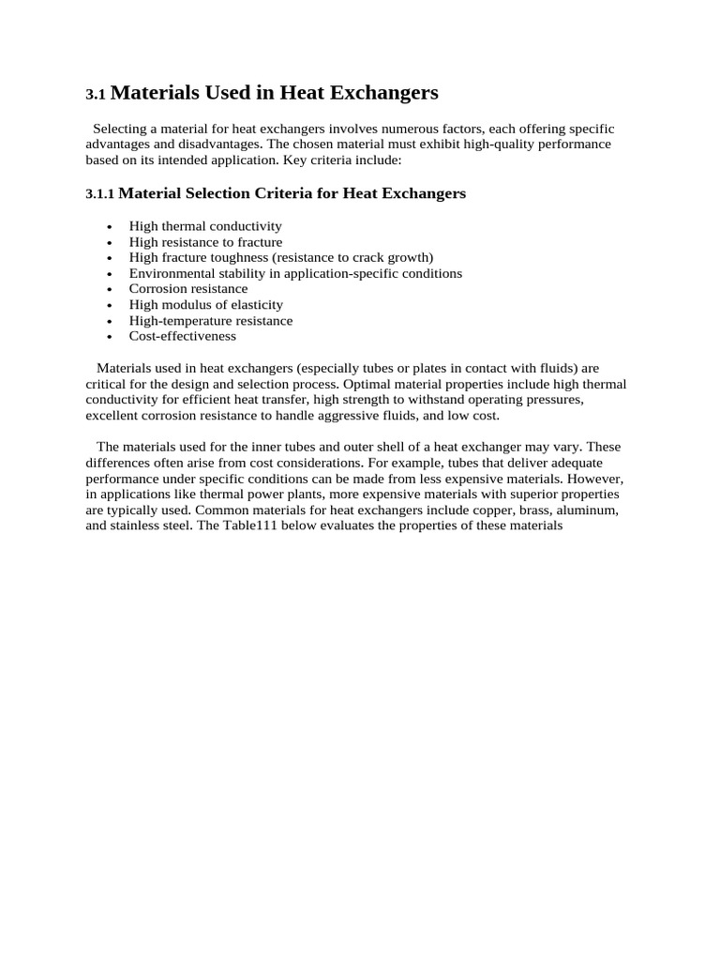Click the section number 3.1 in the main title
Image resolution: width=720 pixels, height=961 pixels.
(x=97, y=95)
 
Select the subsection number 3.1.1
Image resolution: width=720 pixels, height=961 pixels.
(x=99, y=194)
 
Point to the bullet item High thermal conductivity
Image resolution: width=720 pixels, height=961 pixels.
(x=205, y=226)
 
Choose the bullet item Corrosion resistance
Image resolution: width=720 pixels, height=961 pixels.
(x=188, y=289)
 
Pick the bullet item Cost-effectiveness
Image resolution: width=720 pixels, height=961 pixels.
(x=183, y=336)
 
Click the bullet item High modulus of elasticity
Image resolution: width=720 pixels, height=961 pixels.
(x=206, y=305)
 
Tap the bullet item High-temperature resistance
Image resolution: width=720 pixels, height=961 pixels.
(x=211, y=320)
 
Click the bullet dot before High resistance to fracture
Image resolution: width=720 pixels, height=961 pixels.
(x=111, y=243)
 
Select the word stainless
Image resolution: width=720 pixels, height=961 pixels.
(x=134, y=526)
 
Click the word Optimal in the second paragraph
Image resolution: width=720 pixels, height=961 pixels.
(x=367, y=384)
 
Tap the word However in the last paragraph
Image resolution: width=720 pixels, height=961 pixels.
(x=592, y=479)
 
